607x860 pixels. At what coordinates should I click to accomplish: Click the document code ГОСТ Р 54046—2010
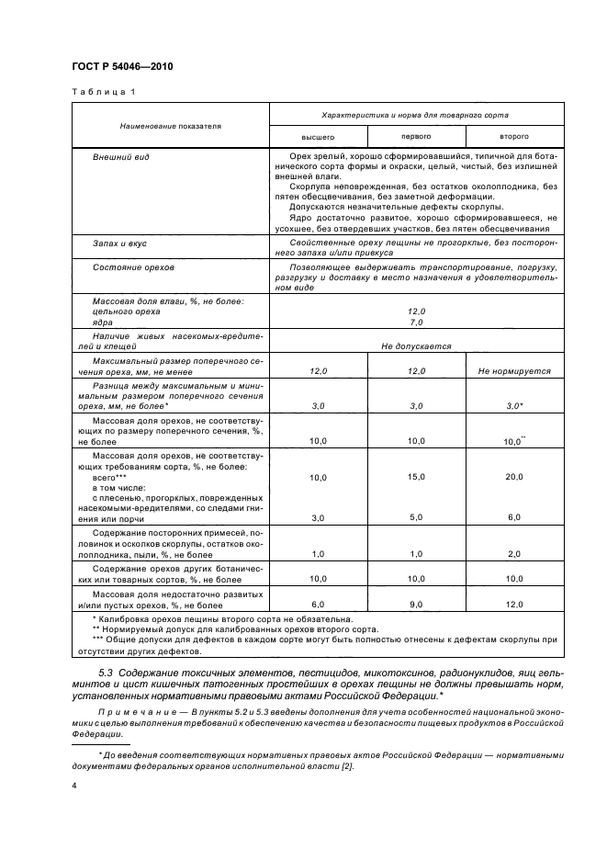122,67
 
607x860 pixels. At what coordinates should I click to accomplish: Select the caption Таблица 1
104,92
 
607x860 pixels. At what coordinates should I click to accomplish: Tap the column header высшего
317,135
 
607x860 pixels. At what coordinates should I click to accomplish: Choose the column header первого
416,135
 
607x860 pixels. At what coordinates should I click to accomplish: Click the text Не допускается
416,346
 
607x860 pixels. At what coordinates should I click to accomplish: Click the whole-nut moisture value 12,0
416,312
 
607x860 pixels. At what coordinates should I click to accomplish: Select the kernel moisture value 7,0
416,322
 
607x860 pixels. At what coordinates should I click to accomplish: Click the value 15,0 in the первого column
416,477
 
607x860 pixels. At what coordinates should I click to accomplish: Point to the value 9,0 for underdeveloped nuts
416,604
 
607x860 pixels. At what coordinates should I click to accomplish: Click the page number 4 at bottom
73,786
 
